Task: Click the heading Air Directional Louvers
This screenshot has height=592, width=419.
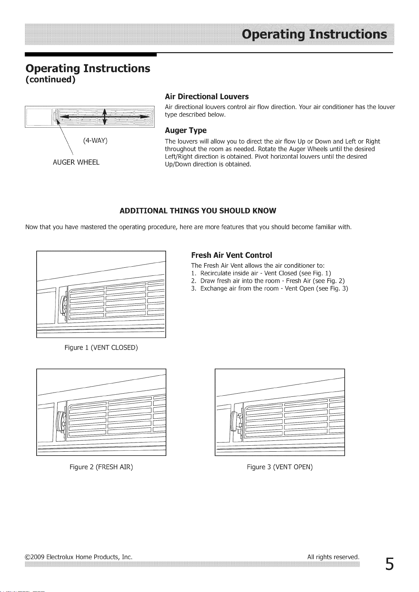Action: click(x=207, y=97)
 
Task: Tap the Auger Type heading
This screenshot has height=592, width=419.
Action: click(x=185, y=131)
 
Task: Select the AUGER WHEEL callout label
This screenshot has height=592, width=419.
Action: click(x=76, y=162)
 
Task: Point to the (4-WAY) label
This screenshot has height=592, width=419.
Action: click(x=95, y=141)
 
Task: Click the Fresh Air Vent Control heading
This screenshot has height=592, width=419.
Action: click(x=231, y=255)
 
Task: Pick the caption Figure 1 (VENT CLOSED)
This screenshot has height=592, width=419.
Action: click(x=101, y=348)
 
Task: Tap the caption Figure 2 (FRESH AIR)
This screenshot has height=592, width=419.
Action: click(x=101, y=467)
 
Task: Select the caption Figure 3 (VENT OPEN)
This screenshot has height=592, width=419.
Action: click(x=280, y=467)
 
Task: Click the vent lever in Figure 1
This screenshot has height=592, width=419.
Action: click(x=63, y=305)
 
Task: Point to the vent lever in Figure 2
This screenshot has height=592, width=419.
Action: click(x=61, y=422)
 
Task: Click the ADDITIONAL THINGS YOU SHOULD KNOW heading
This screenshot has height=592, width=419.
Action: click(x=198, y=211)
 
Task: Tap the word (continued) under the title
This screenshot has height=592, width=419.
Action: click(x=51, y=79)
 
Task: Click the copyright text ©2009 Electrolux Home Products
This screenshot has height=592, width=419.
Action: click(x=78, y=557)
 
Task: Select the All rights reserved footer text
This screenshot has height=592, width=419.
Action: click(x=333, y=557)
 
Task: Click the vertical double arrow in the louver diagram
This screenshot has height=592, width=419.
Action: click(x=105, y=116)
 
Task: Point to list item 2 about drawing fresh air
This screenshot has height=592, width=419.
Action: click(x=268, y=281)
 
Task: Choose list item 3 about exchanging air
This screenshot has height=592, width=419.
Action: click(x=269, y=288)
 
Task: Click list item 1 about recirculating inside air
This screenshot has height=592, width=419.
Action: click(x=261, y=273)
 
